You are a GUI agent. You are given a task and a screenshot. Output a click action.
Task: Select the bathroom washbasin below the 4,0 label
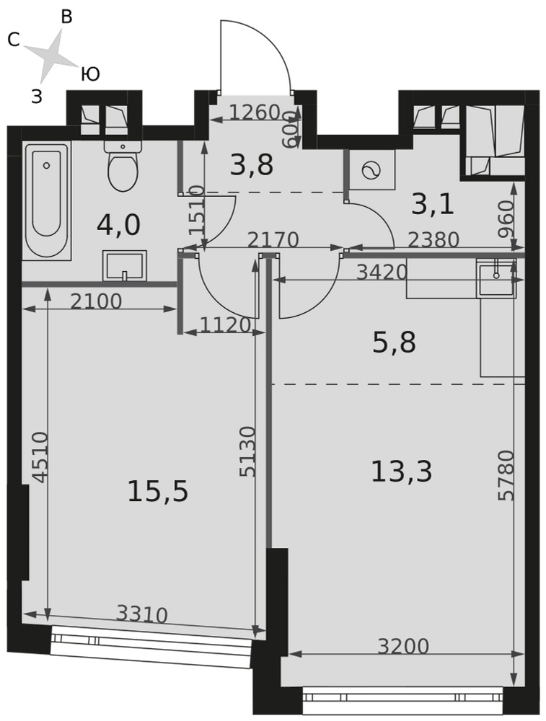pyautogui.click(x=124, y=265)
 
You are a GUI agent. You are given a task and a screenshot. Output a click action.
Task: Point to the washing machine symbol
pyautogui.click(x=371, y=171)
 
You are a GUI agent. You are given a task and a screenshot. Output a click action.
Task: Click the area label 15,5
pyautogui.click(x=158, y=490)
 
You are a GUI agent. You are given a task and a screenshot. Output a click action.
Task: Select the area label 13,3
pyautogui.click(x=402, y=472)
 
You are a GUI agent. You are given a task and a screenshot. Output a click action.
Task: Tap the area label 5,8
pyautogui.click(x=394, y=342)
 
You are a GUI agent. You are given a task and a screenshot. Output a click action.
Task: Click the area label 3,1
pyautogui.click(x=432, y=204)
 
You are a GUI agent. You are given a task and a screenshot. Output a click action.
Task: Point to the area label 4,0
pyautogui.click(x=119, y=225)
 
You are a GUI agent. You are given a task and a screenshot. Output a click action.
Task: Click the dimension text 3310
pyautogui.click(x=141, y=614)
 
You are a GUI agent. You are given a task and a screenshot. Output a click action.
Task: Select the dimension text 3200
pyautogui.click(x=403, y=646)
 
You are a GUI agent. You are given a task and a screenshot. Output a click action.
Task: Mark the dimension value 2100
pyautogui.click(x=96, y=301)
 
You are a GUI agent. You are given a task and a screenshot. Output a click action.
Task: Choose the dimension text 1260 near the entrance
pyautogui.click(x=255, y=112)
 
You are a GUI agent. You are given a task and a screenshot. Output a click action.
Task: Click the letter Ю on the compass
pyautogui.click(x=91, y=74)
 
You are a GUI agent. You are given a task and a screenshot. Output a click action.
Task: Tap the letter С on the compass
pyautogui.click(x=14, y=40)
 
